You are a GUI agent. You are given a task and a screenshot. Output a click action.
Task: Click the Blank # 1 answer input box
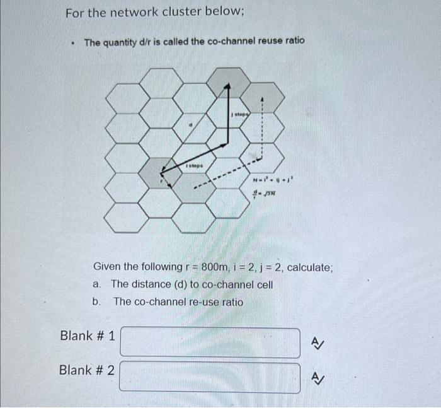(x=210, y=342)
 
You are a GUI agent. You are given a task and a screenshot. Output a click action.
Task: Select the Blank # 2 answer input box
(x=210, y=377)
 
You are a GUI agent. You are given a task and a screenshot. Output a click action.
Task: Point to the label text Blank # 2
(x=87, y=370)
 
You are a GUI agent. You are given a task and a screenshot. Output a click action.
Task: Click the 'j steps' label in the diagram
(x=239, y=114)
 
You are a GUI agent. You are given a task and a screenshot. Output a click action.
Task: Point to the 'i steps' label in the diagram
(x=193, y=165)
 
